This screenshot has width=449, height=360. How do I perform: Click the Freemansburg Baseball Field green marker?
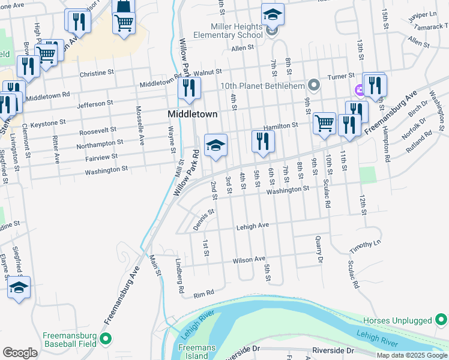tap(106, 340)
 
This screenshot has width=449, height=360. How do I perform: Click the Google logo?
tap(20, 353)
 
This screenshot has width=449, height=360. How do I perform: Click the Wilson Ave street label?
tap(249, 259)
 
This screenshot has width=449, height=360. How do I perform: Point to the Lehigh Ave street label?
tap(252, 226)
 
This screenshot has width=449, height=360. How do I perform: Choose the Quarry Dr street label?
tap(319, 250)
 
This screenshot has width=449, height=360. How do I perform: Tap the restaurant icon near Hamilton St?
tap(263, 140)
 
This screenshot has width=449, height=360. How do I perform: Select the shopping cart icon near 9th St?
tap(324, 123)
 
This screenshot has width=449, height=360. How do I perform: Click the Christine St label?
tap(101, 75)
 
